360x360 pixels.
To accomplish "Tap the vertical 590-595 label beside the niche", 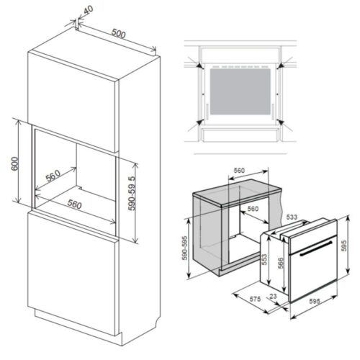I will [x=186, y=248].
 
